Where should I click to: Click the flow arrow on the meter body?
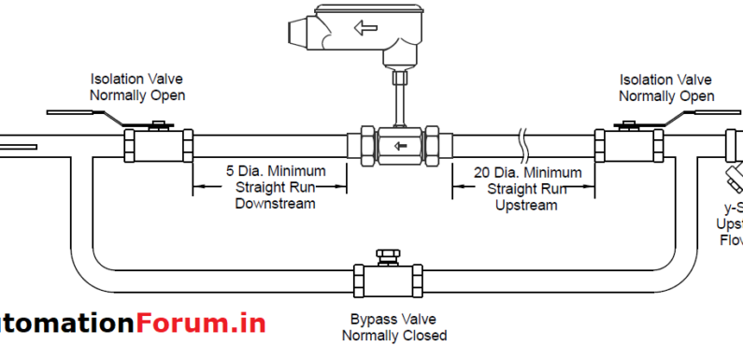click(400, 145)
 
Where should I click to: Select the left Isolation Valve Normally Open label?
click(137, 87)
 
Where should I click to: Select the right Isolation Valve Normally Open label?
click(666, 88)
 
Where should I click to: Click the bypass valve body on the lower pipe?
click(386, 280)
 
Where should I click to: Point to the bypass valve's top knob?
click(384, 254)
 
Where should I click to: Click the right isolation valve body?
click(632, 146)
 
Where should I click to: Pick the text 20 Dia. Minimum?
click(529, 172)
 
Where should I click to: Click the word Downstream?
click(275, 203)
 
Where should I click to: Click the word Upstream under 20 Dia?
click(527, 203)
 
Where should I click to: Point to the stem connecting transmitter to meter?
click(397, 99)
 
